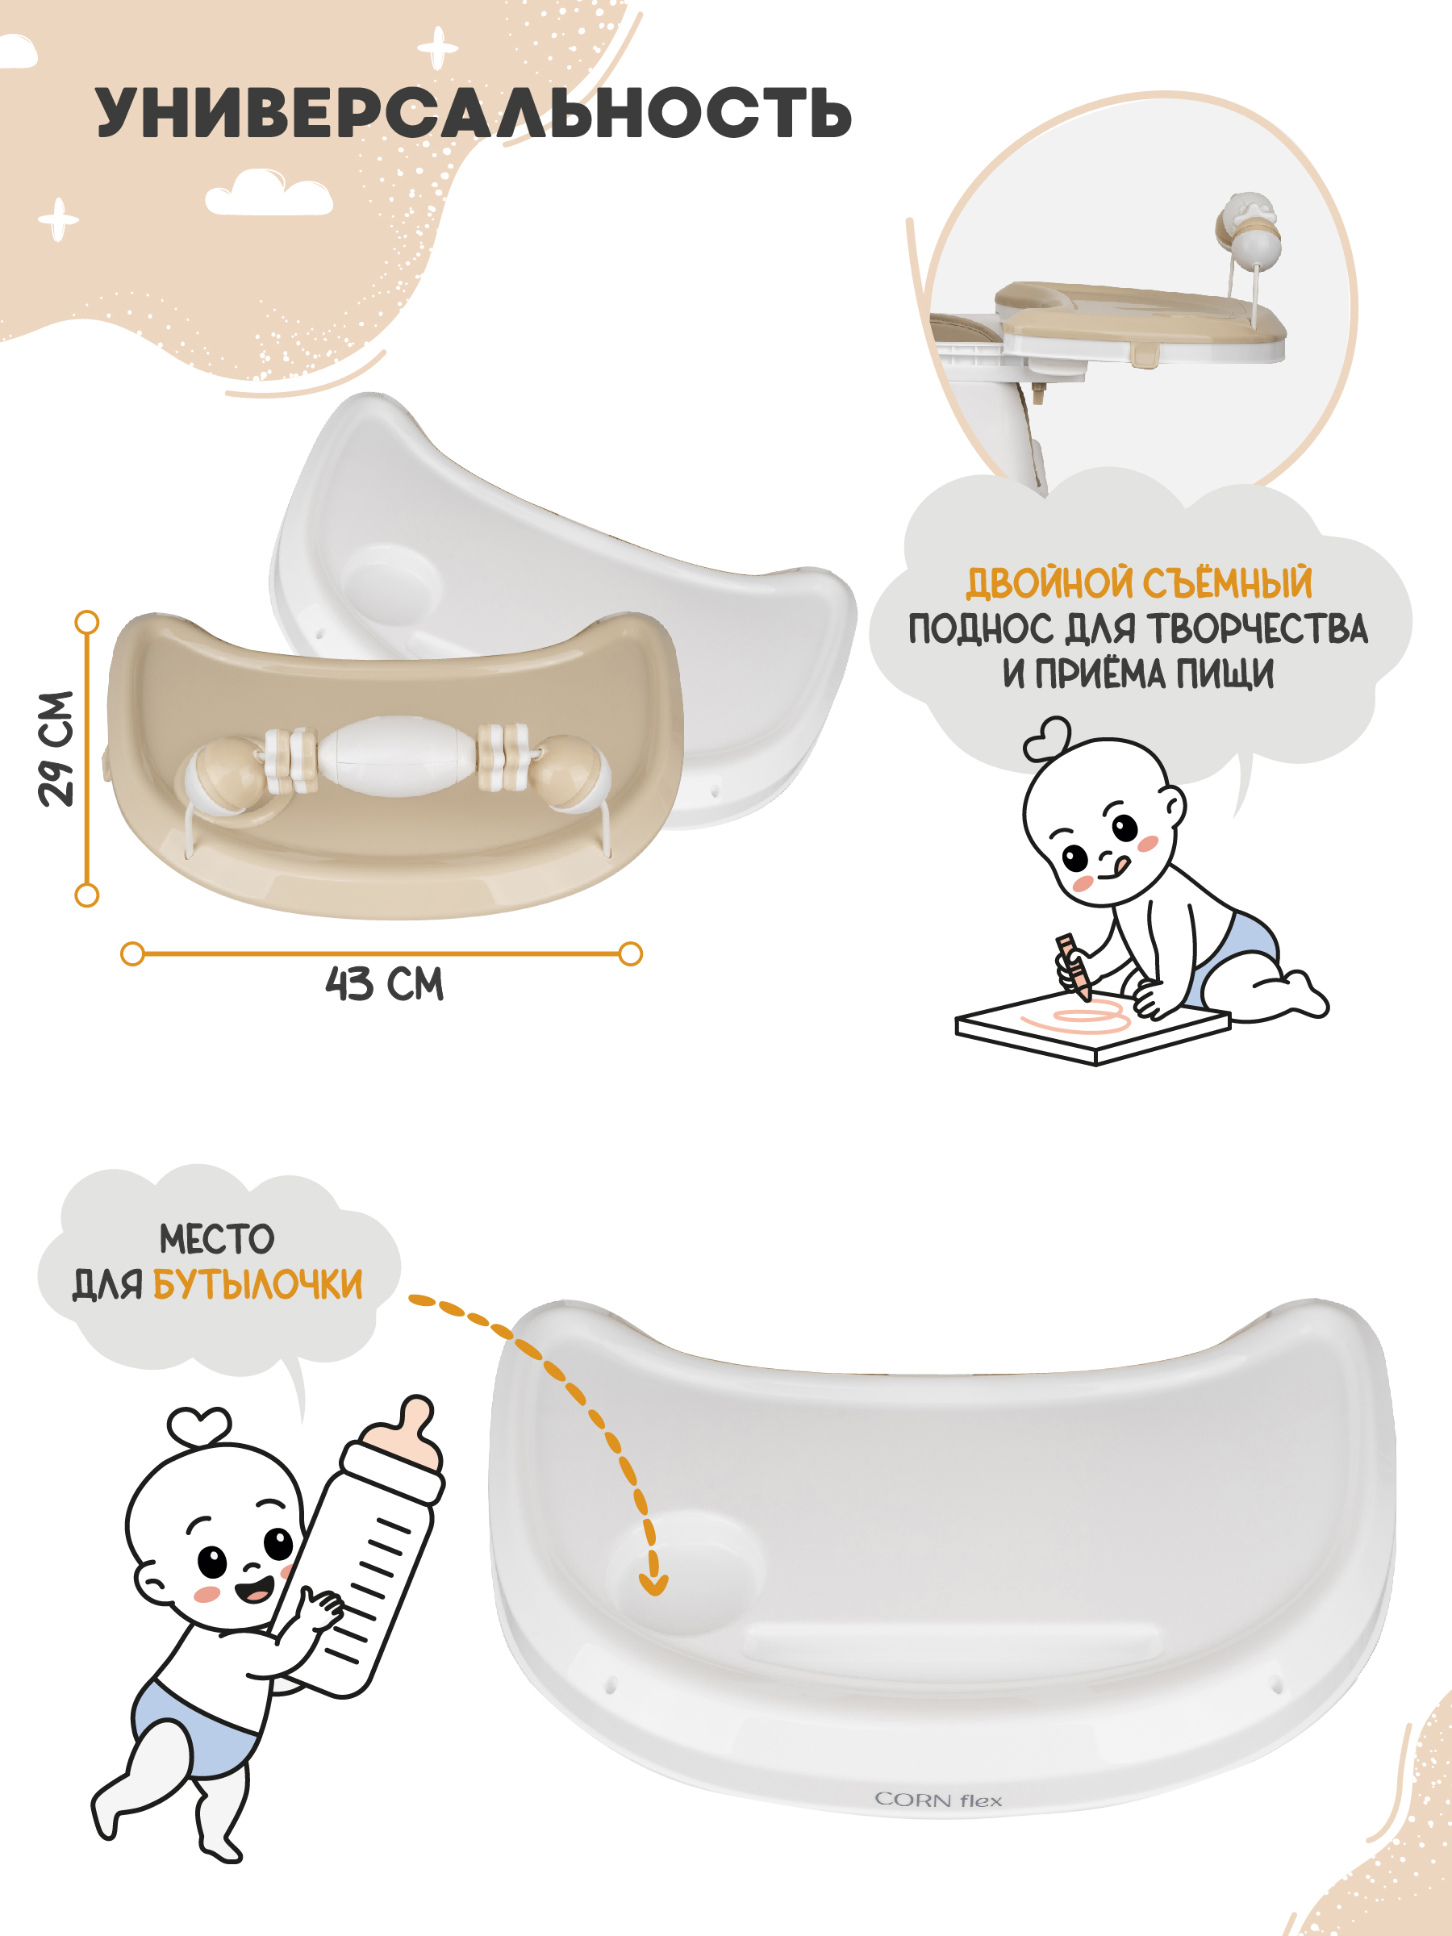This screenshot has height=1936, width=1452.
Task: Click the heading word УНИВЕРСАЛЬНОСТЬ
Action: [474, 114]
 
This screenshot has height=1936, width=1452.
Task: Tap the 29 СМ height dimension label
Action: [56, 749]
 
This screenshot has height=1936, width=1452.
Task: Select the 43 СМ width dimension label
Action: [384, 984]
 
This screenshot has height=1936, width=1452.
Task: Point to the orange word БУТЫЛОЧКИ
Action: [257, 1285]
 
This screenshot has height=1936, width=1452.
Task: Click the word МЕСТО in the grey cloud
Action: [217, 1239]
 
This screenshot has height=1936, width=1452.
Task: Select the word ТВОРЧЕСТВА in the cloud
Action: [1258, 629]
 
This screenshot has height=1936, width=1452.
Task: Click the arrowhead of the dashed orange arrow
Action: [653, 1583]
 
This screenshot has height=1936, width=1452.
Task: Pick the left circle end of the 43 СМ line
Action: [132, 954]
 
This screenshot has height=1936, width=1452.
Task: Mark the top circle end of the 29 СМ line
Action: [86, 622]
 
